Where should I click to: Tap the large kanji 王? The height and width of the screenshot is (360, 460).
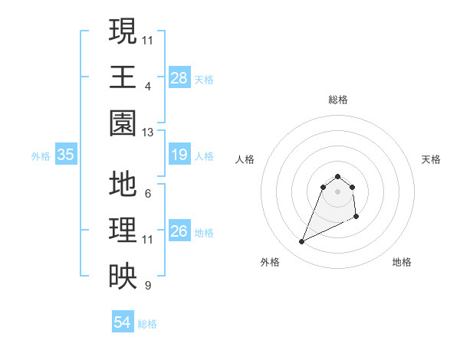[x=123, y=77]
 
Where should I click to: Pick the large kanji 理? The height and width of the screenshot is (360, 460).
[x=123, y=231]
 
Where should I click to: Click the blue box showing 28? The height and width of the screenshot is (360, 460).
[x=179, y=77]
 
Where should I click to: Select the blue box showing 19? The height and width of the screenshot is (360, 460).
[x=179, y=155]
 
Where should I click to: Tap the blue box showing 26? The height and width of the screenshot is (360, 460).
[x=179, y=231]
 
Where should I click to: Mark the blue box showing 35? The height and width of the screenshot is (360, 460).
[x=66, y=155]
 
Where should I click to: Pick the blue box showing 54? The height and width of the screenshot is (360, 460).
[x=123, y=322]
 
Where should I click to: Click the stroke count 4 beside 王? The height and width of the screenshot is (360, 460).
[x=148, y=87]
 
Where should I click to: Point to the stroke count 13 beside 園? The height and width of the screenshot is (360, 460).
[x=148, y=133]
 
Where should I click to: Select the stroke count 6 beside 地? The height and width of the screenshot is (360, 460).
[x=148, y=193]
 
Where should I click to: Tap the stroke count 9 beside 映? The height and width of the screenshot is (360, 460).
[x=148, y=286]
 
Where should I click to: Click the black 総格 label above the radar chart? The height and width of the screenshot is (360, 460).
[x=338, y=100]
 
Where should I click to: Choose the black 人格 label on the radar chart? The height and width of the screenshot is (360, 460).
[x=245, y=159]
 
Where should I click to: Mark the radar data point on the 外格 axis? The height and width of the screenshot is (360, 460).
[x=301, y=242]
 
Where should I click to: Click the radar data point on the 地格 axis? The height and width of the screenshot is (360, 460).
[x=357, y=218]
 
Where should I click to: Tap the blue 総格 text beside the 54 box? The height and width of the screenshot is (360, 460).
[x=147, y=324]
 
